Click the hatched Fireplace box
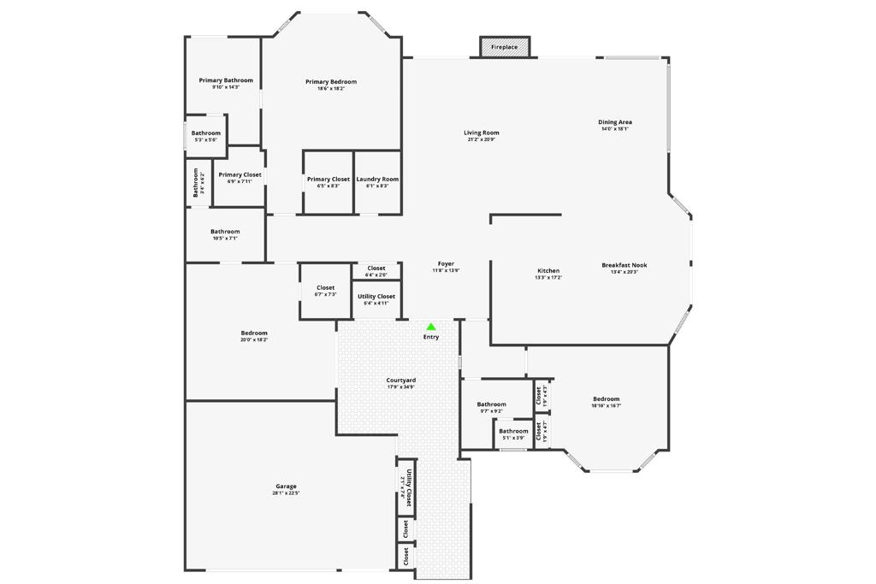(x=505, y=47)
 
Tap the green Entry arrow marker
(x=431, y=327)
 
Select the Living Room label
(x=482, y=133)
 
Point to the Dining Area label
(x=615, y=122)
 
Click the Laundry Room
(x=377, y=181)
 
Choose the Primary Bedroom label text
(x=331, y=82)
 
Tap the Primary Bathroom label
(x=226, y=80)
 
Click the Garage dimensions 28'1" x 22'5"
(x=286, y=493)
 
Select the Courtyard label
(x=400, y=380)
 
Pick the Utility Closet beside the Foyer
(x=376, y=298)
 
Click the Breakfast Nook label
(x=624, y=265)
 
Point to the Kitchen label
(x=548, y=271)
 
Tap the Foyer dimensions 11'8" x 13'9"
(x=446, y=271)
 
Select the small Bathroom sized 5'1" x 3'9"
(x=513, y=434)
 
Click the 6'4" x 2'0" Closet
(x=376, y=271)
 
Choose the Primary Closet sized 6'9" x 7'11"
(x=240, y=177)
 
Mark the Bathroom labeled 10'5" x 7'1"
(x=225, y=233)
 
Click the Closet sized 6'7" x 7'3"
(x=325, y=291)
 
